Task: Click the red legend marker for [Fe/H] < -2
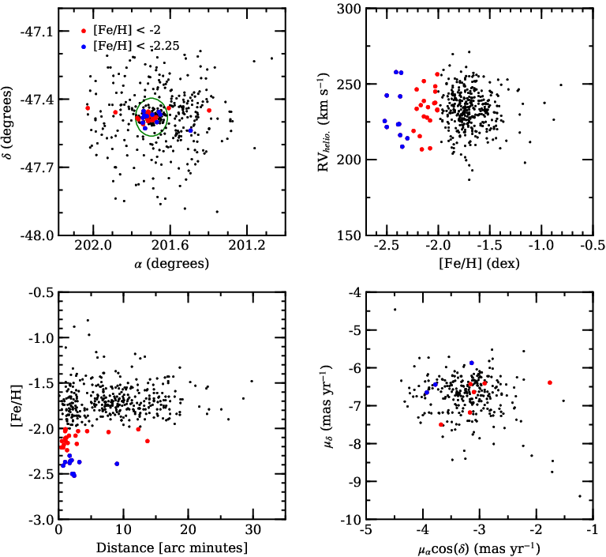coord(84,31)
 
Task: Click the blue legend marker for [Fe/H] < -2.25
coord(84,47)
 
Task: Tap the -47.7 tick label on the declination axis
coord(37,167)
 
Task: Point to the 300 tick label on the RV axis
coord(349,9)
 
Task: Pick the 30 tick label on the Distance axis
coord(252,529)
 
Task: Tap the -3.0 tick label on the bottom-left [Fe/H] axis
coord(41,519)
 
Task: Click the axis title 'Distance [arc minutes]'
coord(171,548)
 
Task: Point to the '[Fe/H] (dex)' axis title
coord(479,264)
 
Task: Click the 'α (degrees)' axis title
coord(171,264)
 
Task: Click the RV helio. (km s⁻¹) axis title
coord(324,122)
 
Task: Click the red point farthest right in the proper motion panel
coord(549,383)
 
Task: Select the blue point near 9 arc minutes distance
coord(117,464)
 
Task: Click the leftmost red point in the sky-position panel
coord(88,108)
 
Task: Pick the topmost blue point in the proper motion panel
coord(472,363)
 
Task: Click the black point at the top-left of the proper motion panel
coord(395,309)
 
